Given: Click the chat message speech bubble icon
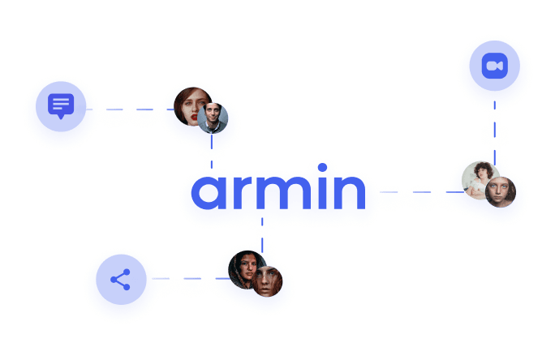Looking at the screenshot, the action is pyautogui.click(x=61, y=106).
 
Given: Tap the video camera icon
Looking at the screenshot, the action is pyautogui.click(x=495, y=66).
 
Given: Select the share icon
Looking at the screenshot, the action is pyautogui.click(x=121, y=280).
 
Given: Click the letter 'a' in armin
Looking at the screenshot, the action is pyautogui.click(x=209, y=192).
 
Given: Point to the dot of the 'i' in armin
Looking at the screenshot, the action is pyautogui.click(x=322, y=167).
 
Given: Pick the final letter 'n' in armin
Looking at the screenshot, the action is pyautogui.click(x=350, y=191).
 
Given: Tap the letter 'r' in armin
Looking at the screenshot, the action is pyautogui.click(x=243, y=191).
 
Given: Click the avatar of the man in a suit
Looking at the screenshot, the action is pyautogui.click(x=213, y=118).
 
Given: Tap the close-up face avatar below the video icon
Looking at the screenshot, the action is pyautogui.click(x=501, y=192).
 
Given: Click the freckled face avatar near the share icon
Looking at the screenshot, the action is pyautogui.click(x=267, y=281).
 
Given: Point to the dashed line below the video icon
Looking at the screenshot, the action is pyautogui.click(x=494, y=133).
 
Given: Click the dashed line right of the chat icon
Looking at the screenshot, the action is pyautogui.click(x=130, y=109).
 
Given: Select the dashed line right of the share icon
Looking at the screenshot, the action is pyautogui.click(x=191, y=279).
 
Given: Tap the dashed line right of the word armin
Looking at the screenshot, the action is pyautogui.click(x=422, y=192).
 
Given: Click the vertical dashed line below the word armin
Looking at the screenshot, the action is pyautogui.click(x=262, y=235).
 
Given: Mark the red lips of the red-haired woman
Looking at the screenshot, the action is pyautogui.click(x=194, y=117).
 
